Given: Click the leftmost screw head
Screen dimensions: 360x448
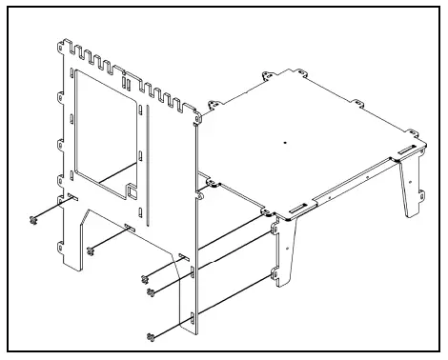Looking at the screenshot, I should [x=34, y=220].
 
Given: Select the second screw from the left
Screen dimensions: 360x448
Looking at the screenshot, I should [x=91, y=250].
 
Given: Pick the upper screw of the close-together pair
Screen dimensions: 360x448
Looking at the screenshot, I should [x=145, y=279].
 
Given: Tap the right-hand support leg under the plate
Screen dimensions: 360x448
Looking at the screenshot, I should [x=411, y=185].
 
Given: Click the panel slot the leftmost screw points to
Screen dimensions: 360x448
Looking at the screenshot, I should [x=71, y=198].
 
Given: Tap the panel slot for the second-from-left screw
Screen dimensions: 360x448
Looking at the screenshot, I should [x=127, y=227].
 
